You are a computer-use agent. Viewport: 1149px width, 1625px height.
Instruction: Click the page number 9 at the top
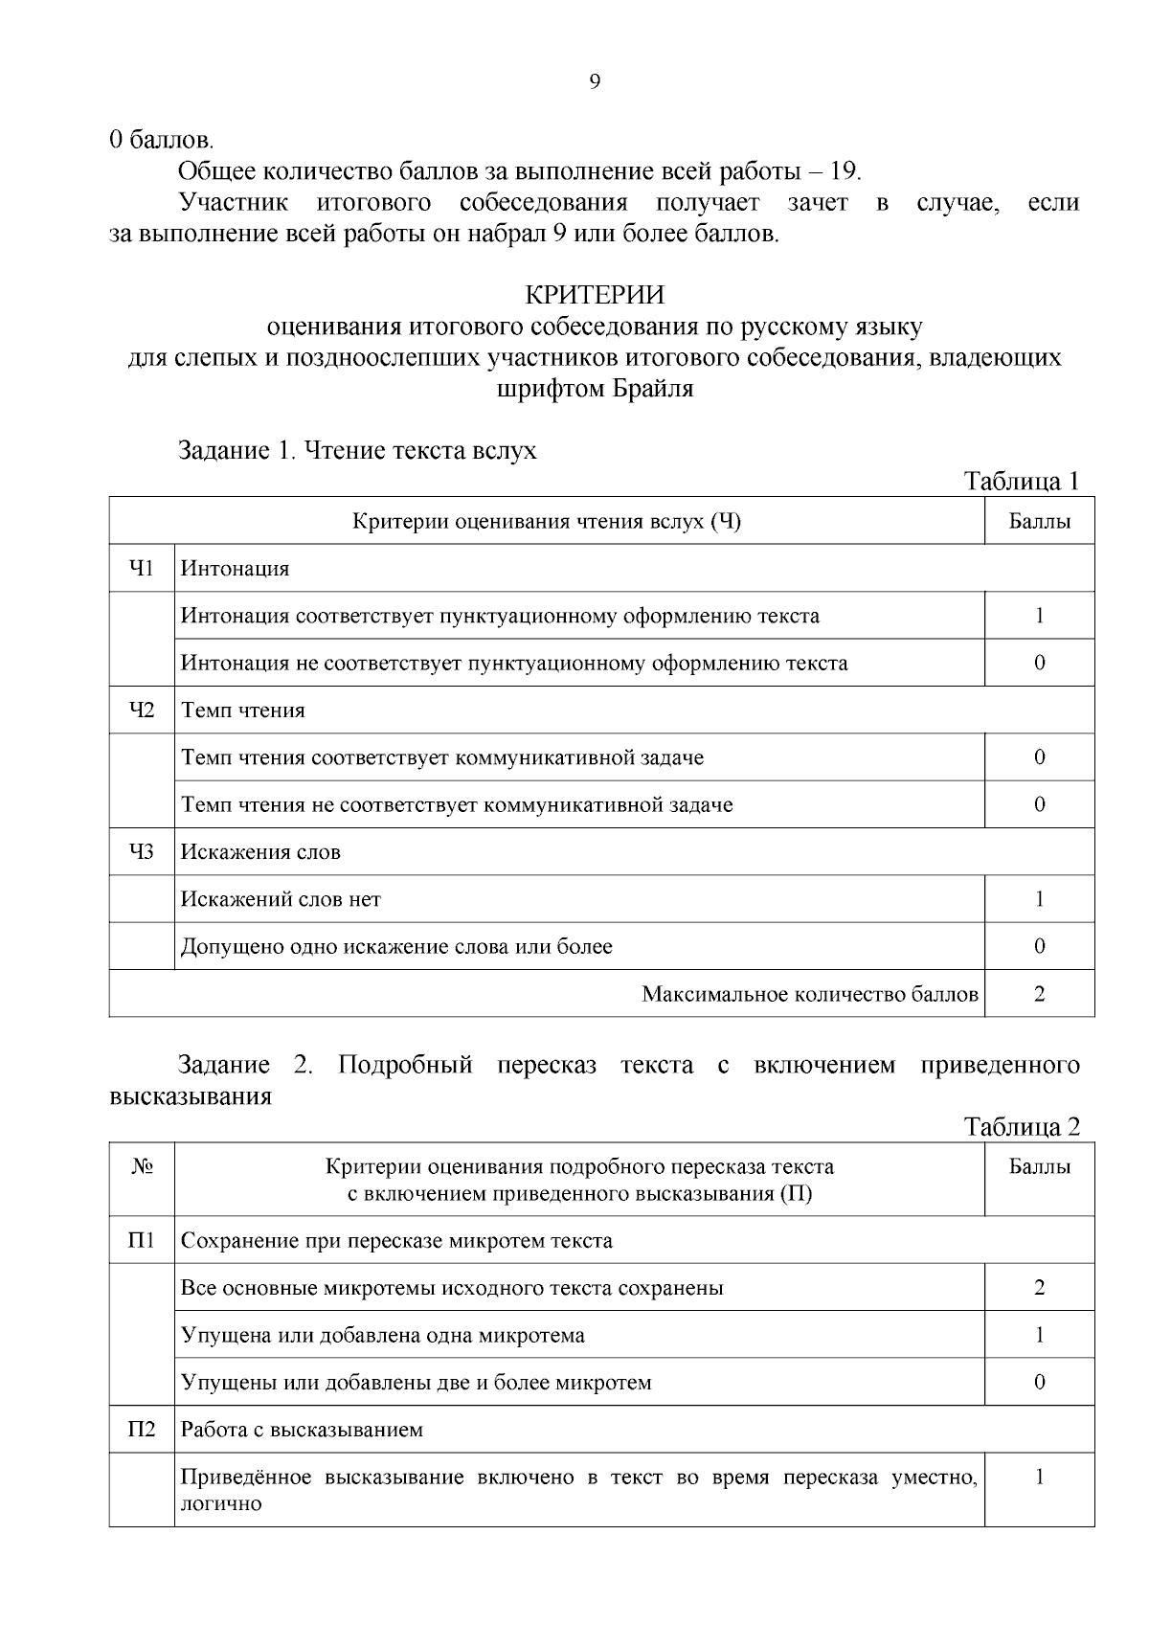click(x=594, y=82)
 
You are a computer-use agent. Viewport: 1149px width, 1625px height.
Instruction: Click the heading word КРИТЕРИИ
click(x=595, y=294)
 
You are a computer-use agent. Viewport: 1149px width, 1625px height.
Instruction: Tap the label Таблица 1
click(x=1022, y=481)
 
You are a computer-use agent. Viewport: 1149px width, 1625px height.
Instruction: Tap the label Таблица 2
click(x=1022, y=1126)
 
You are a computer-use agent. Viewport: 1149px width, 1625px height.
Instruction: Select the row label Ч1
click(x=142, y=569)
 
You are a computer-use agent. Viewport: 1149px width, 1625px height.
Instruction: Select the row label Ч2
click(x=142, y=711)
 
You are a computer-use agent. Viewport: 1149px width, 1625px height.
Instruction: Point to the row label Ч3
click(x=142, y=852)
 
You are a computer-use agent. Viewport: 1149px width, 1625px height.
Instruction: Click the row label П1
click(x=142, y=1241)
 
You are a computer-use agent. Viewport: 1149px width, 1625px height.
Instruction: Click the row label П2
click(x=142, y=1430)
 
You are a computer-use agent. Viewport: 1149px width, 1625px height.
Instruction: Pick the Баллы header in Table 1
click(x=1039, y=522)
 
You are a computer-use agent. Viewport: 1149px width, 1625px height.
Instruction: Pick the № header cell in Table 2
click(x=142, y=1167)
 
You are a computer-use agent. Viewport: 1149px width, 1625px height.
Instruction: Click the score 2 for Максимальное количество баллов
click(x=1039, y=994)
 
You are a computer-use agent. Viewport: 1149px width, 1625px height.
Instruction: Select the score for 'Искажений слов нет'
click(x=1039, y=899)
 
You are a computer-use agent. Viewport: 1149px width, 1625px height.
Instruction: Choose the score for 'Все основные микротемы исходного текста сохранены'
click(x=1039, y=1288)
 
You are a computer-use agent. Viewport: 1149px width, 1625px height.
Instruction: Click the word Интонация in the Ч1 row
click(x=236, y=569)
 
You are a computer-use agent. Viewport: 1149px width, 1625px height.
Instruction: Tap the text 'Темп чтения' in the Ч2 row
click(x=243, y=711)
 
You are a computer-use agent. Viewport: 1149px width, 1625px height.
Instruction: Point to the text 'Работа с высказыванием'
click(x=302, y=1430)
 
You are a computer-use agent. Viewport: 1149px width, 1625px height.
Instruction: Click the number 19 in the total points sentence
click(x=844, y=171)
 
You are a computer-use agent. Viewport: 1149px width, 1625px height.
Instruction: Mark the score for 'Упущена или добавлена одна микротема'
click(x=1039, y=1335)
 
